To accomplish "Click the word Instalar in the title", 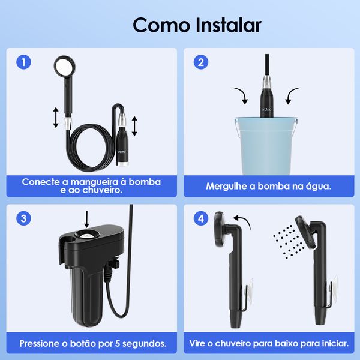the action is (229, 25).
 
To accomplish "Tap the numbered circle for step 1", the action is (23, 62).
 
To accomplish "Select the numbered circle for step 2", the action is (201, 62).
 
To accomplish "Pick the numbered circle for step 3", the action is (23, 218).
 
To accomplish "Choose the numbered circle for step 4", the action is (201, 218).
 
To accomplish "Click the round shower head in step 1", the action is (65, 67).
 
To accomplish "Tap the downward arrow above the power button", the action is (87, 220).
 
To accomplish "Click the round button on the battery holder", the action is (87, 235).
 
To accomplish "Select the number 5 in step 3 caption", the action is (118, 343).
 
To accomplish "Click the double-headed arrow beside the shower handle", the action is (56, 118).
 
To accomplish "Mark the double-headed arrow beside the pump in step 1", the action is (135, 126).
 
